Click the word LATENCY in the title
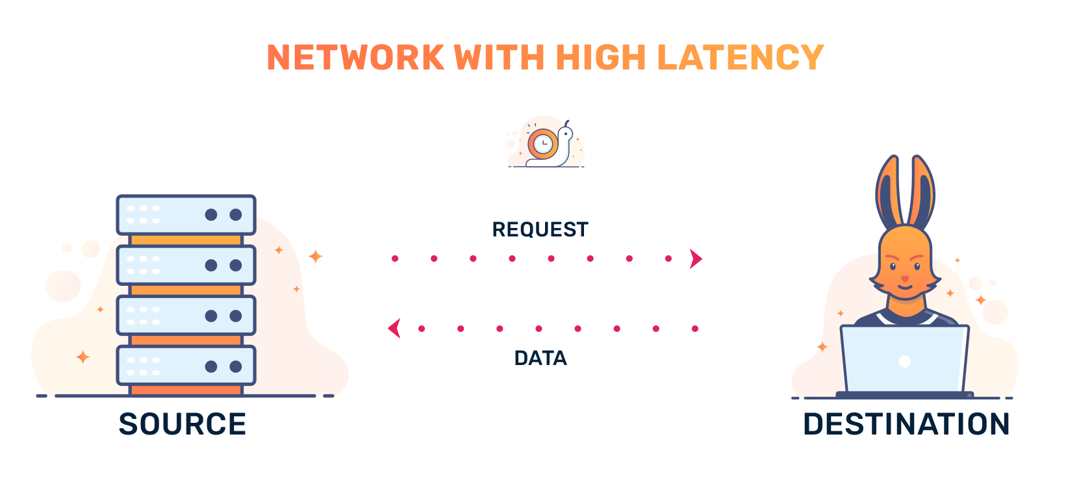coord(740,57)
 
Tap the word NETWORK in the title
coord(355,57)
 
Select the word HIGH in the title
coord(600,57)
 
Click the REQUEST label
coord(540,229)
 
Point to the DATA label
coord(540,358)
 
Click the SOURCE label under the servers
coord(183,424)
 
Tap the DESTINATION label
coord(906,424)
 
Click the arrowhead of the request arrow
coord(696,259)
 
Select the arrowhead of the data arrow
coord(394,329)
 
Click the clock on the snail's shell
coord(542,143)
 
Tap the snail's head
coord(566,134)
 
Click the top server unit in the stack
coord(186,214)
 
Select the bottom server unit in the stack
coord(186,366)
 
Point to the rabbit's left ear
coord(888,192)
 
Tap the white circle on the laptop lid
coord(904,362)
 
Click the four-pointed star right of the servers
coord(316,257)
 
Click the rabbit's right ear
coord(922,192)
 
